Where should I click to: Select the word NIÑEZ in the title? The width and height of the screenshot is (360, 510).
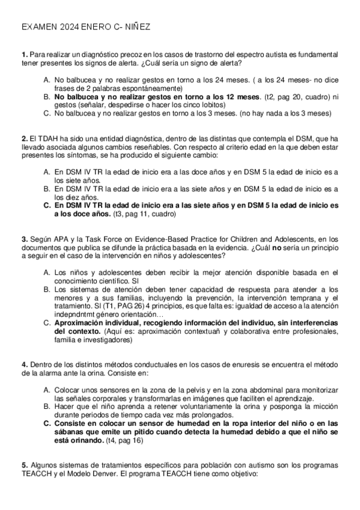[136, 27]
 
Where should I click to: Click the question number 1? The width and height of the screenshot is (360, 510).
[23, 55]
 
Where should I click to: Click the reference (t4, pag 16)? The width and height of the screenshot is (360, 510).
[124, 440]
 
